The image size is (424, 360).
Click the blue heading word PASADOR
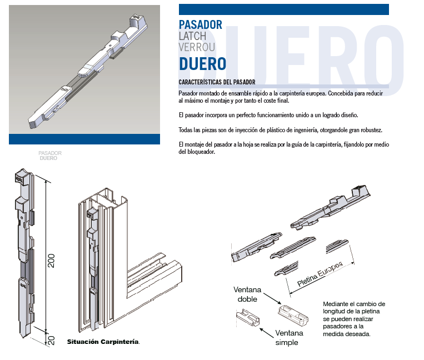201,24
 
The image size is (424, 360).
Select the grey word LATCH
192,36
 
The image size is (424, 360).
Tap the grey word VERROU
197,47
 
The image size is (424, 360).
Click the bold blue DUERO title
202,64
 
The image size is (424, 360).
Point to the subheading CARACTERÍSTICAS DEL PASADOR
217,82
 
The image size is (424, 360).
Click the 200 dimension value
51,261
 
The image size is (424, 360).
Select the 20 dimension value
51,340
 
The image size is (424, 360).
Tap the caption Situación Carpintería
103,342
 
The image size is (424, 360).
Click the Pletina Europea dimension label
320,274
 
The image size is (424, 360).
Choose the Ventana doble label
247,294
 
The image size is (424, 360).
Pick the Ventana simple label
289,338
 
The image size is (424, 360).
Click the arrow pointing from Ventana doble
272,299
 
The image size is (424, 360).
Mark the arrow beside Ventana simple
267,333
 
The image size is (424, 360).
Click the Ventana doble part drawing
293,314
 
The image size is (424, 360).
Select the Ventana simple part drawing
248,318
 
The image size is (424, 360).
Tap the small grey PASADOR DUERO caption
50,156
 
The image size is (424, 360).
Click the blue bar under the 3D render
84,139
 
